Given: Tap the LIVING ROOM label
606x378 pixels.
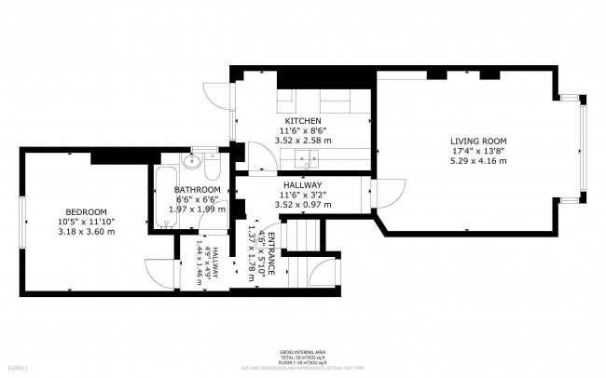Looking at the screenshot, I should (x=478, y=141).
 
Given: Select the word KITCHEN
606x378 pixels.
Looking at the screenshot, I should (x=303, y=121).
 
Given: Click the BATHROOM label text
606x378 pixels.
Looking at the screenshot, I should (x=197, y=190).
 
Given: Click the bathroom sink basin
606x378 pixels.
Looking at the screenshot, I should (x=194, y=164).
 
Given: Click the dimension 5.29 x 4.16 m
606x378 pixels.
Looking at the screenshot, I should (x=478, y=161).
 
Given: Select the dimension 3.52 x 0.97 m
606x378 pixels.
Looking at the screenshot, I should (x=303, y=205).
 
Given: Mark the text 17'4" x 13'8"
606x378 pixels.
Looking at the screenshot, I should (x=478, y=151).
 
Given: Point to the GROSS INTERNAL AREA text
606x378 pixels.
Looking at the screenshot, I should (x=302, y=352).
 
